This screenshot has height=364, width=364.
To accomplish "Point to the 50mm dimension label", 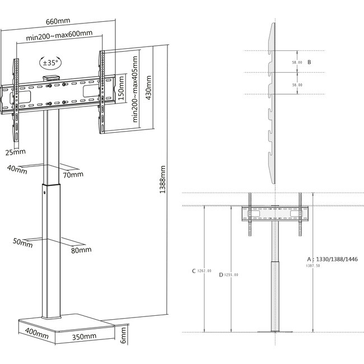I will (22, 241).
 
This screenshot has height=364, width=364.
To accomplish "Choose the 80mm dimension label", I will (81, 249).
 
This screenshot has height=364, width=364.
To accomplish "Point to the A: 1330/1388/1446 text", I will (331, 259).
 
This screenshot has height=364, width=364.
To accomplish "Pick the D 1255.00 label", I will (228, 274).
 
